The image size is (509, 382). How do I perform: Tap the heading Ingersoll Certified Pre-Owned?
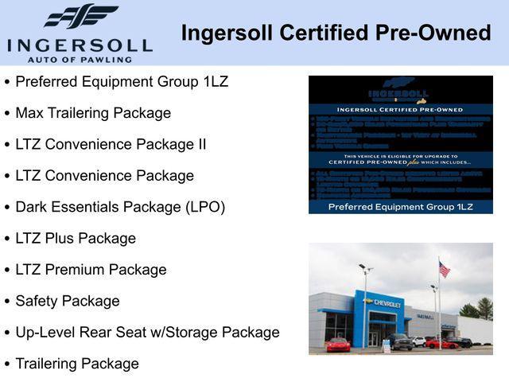(336, 33)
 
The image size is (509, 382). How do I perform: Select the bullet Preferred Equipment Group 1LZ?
(122, 82)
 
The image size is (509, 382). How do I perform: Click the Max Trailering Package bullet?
(93, 113)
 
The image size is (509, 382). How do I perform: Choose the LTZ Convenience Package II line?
(111, 144)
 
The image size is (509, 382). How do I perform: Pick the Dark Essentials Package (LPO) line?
(120, 207)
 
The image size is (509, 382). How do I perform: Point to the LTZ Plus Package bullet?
(76, 238)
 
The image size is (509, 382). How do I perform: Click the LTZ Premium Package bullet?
(91, 270)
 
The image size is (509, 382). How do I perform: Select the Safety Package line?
(68, 301)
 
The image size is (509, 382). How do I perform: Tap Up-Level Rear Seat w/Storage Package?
(147, 332)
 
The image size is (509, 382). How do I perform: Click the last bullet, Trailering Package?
(77, 364)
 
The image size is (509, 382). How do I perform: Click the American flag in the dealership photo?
(444, 270)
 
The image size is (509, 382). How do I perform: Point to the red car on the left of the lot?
(339, 345)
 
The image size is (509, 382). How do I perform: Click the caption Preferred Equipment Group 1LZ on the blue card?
(401, 206)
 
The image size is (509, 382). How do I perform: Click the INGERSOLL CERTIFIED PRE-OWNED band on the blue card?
(401, 110)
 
